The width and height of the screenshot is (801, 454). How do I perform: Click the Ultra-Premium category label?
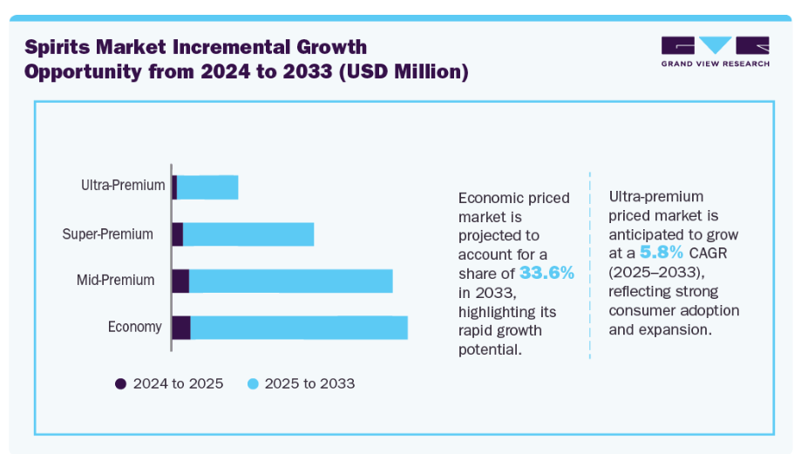[122, 186]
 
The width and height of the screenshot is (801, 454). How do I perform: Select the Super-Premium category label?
[107, 234]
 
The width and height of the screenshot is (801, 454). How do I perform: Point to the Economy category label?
[134, 327]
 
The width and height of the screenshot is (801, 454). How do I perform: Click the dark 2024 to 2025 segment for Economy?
[180, 328]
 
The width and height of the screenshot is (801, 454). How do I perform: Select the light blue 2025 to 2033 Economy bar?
[299, 328]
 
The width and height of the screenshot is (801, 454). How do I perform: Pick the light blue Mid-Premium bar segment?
[291, 281]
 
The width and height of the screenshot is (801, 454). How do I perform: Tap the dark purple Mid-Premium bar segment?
[180, 281]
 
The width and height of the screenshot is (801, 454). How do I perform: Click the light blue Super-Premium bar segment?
[248, 234]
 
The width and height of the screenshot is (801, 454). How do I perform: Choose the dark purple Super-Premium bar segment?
[177, 234]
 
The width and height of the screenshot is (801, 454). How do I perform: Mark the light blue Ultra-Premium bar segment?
[207, 186]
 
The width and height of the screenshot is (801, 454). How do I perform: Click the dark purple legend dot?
[120, 383]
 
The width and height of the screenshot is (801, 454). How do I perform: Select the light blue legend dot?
[252, 383]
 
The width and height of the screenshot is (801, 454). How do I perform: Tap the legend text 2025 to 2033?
[309, 383]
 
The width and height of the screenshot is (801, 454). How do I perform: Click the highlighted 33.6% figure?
[546, 273]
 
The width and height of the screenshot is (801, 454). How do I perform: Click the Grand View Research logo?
[715, 51]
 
